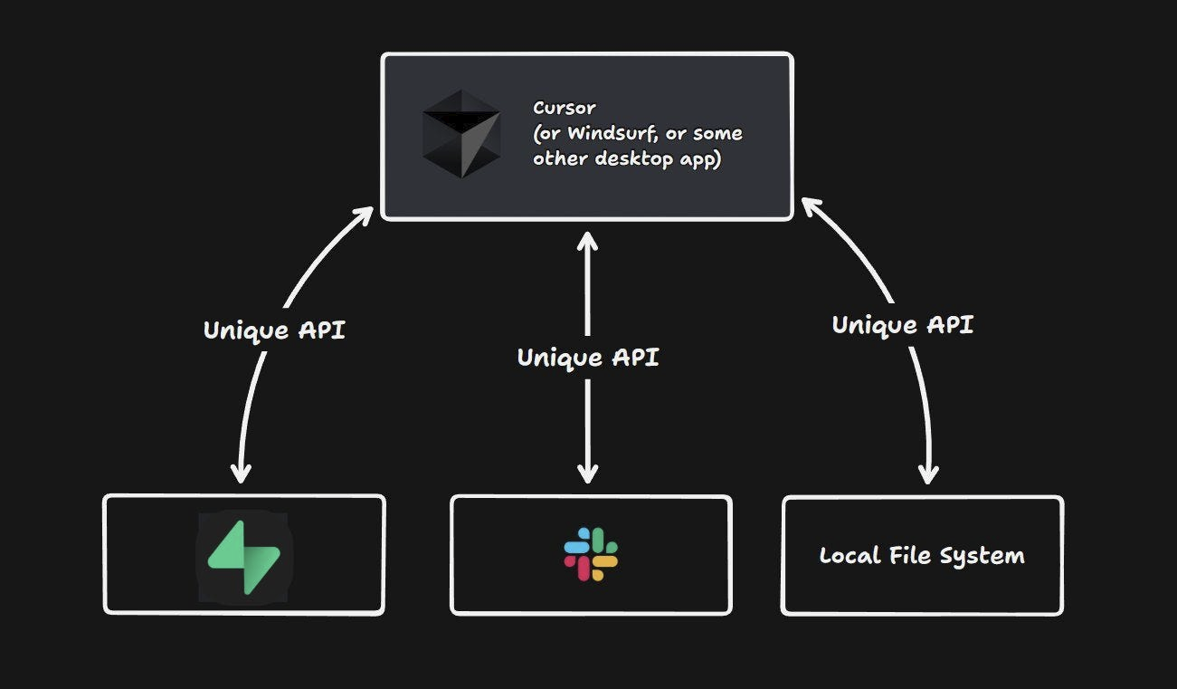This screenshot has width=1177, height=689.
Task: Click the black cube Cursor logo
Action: point(461,134)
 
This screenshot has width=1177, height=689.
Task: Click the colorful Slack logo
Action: point(591,554)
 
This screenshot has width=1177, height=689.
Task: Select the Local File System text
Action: point(922,555)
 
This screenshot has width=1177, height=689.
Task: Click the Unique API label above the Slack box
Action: point(588,358)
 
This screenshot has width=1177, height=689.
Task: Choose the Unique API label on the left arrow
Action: point(274,330)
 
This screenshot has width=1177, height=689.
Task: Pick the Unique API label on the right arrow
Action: point(903,325)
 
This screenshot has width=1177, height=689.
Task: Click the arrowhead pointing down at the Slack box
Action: point(588,473)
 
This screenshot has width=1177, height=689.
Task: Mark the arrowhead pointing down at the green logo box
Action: point(241,473)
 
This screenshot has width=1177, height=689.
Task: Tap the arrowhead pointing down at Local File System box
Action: point(928,474)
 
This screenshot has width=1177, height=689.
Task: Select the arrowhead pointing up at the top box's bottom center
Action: point(588,241)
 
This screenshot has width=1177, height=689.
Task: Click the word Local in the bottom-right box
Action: point(844,555)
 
